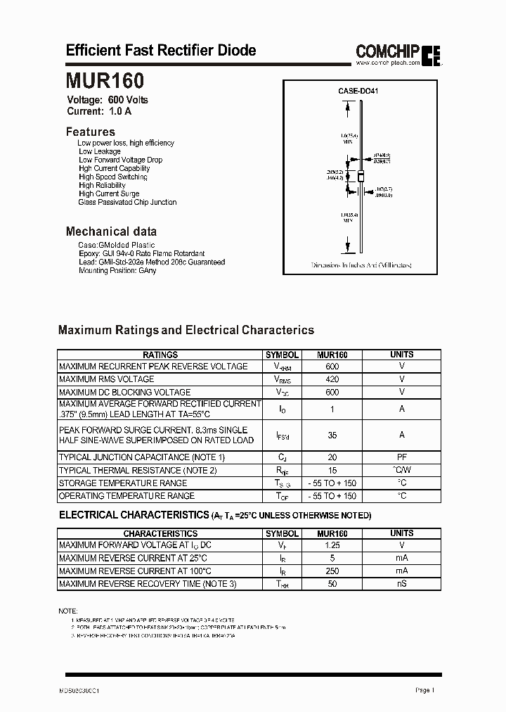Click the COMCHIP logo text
[x=387, y=51]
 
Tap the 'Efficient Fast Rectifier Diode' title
[x=161, y=50]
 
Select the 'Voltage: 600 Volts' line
[x=108, y=100]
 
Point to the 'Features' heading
[x=90, y=132]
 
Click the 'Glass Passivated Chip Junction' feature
[x=127, y=203]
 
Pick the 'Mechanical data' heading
[x=111, y=231]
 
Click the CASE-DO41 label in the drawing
[x=358, y=91]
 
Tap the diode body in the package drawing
[x=358, y=177]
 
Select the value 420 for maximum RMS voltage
[x=332, y=379]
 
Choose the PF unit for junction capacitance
[x=402, y=457]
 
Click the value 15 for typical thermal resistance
[x=332, y=471]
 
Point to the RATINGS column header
[x=160, y=355]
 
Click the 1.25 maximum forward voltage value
[x=332, y=545]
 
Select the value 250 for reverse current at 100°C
[x=332, y=571]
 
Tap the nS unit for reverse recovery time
[x=402, y=584]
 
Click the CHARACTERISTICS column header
[x=160, y=534]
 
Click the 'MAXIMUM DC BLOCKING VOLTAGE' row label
[x=124, y=393]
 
